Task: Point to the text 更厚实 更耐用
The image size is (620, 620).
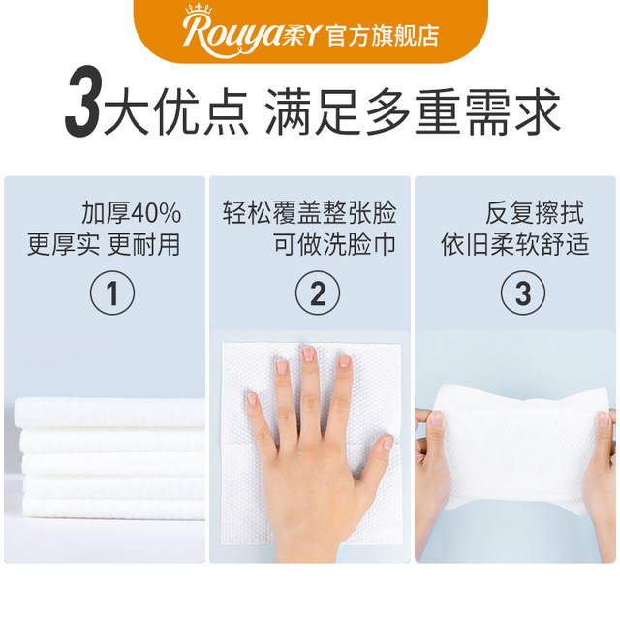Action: point(105,244)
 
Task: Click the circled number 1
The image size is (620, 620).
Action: point(112,294)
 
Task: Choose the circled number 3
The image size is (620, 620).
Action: point(516,294)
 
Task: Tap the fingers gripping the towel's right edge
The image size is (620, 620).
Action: point(602,427)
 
